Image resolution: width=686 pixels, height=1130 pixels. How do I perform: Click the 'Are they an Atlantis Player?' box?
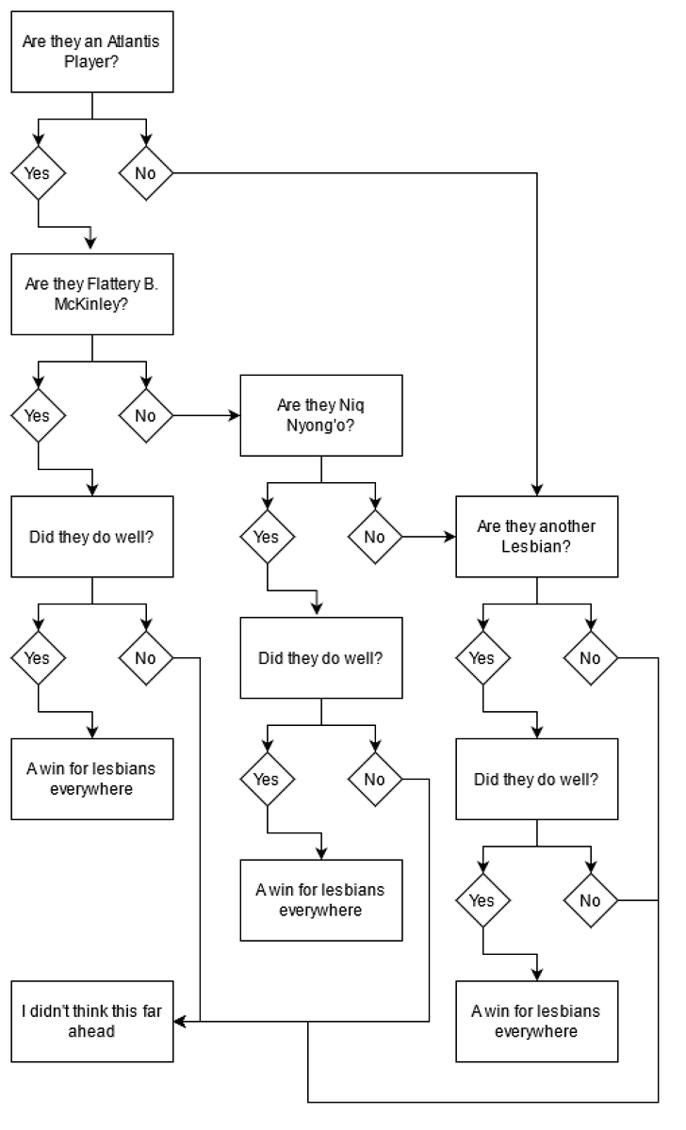[92, 52]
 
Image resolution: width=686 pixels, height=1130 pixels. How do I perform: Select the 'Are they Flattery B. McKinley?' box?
[92, 294]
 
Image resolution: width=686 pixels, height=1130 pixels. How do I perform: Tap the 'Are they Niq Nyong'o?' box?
[321, 415]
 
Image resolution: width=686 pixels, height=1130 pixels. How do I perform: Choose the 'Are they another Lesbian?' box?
[537, 536]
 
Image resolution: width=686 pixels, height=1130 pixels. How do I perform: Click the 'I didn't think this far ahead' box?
[92, 1021]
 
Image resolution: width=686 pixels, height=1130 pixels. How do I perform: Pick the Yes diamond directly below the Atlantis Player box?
[38, 173]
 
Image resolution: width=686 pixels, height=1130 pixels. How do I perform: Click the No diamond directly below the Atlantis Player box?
[145, 173]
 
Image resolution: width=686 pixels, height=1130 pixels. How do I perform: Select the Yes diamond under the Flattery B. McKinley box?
[38, 415]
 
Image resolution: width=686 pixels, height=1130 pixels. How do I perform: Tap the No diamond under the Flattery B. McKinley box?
[145, 415]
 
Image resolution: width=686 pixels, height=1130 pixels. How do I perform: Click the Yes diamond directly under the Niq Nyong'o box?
[267, 537]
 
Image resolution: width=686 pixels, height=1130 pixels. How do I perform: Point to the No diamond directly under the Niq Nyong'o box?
[375, 537]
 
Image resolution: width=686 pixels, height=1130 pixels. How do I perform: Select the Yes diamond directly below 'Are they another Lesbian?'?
[482, 657]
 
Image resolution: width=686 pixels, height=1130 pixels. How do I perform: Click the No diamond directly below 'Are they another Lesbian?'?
[590, 657]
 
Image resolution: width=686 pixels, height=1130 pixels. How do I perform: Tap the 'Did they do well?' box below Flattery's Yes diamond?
[92, 536]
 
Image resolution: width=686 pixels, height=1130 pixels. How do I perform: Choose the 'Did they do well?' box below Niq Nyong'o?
[321, 657]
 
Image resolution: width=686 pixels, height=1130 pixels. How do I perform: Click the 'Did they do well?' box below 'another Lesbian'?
[537, 779]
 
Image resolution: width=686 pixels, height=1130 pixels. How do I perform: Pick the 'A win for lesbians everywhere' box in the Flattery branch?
[92, 779]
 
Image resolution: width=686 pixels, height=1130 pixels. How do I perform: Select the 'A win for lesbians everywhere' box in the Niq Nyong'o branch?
[321, 899]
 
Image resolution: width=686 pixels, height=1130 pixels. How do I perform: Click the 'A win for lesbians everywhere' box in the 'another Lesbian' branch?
[537, 1021]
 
